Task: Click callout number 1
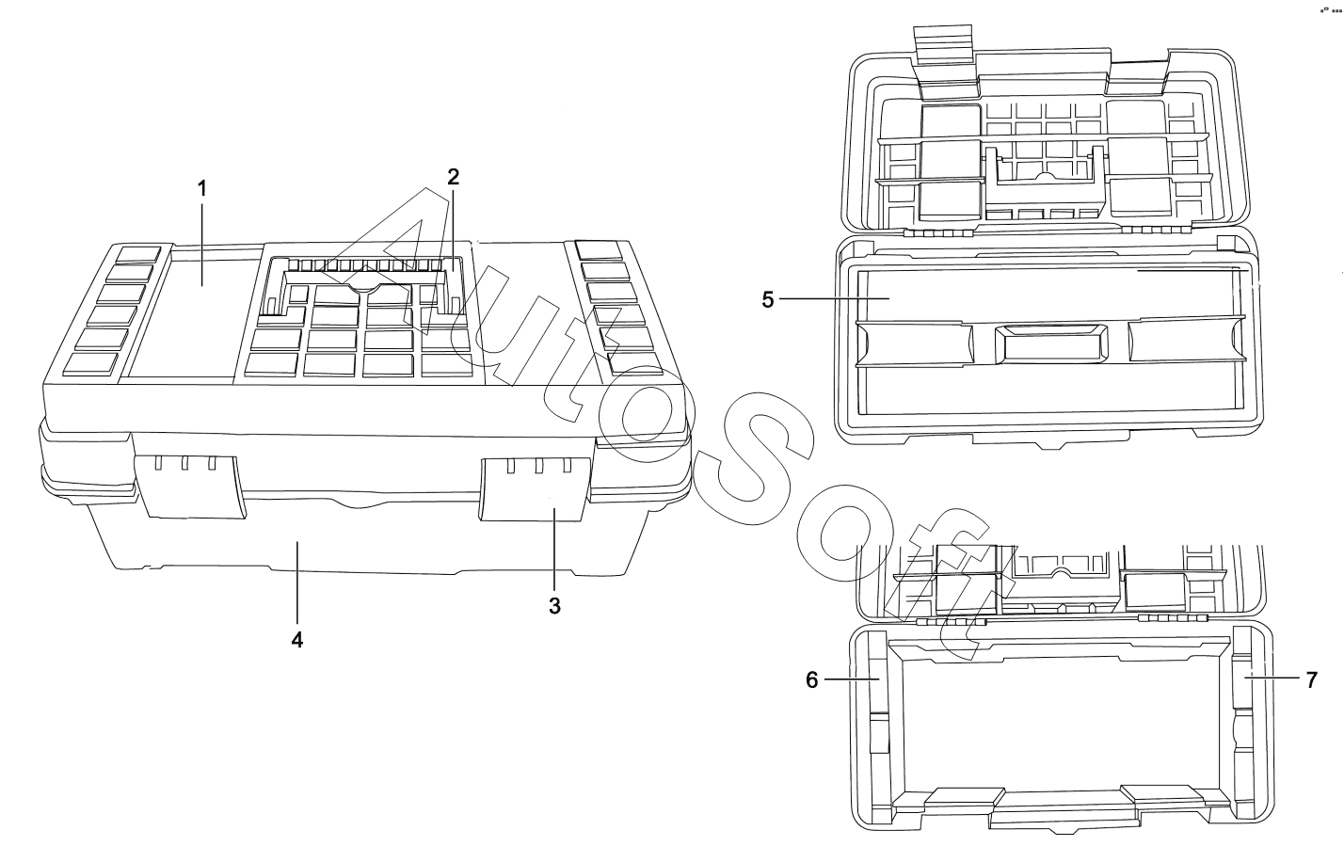coord(201,188)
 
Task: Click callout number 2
coord(453,176)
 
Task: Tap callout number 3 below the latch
coord(554,606)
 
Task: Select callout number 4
coord(297,639)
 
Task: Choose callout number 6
coord(812,679)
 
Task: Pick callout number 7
coord(1312,679)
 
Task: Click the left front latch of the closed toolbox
coord(191,486)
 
